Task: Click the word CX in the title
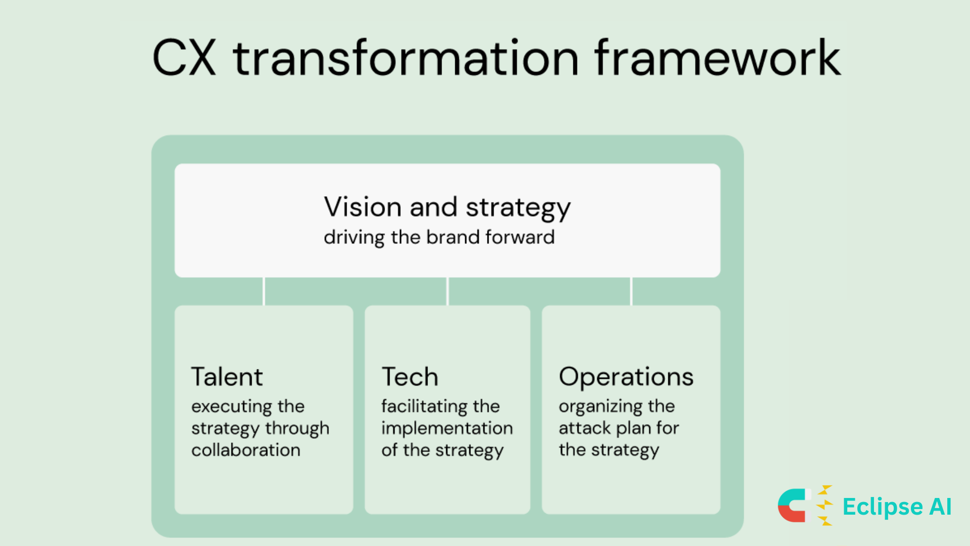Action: (x=184, y=58)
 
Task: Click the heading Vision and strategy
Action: (x=447, y=207)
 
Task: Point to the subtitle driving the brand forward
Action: (x=439, y=237)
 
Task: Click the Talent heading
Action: (x=227, y=377)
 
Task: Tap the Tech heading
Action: (x=410, y=377)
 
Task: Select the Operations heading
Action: (x=626, y=378)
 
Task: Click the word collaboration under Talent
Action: (x=246, y=450)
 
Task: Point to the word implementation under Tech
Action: (x=447, y=429)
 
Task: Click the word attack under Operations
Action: (x=585, y=428)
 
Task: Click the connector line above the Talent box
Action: (x=264, y=291)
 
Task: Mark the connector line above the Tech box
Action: (x=448, y=291)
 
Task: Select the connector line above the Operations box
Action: (x=632, y=291)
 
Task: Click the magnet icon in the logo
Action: (x=795, y=506)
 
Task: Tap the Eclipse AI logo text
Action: (x=897, y=507)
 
